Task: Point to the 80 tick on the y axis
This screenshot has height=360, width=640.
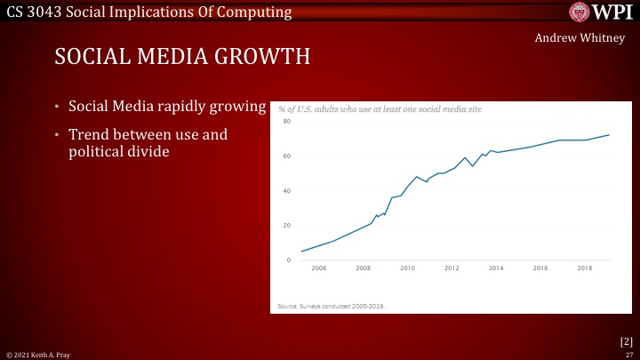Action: tap(286, 122)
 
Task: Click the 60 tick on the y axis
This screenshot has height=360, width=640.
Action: tap(286, 156)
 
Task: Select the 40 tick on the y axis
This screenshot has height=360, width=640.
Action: tap(286, 191)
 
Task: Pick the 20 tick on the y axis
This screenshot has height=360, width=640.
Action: tap(286, 226)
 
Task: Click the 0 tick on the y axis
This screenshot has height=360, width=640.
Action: tap(288, 260)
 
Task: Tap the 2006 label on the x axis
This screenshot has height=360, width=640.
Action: tap(319, 268)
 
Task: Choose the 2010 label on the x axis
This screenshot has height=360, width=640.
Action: tap(407, 268)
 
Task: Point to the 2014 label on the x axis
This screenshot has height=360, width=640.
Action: tap(496, 268)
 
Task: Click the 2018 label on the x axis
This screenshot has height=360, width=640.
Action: tap(584, 268)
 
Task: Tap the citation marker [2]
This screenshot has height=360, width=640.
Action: tap(626, 340)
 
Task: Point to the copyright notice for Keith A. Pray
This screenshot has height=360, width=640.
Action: tap(38, 354)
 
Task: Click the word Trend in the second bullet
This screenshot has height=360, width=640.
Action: tap(91, 135)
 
